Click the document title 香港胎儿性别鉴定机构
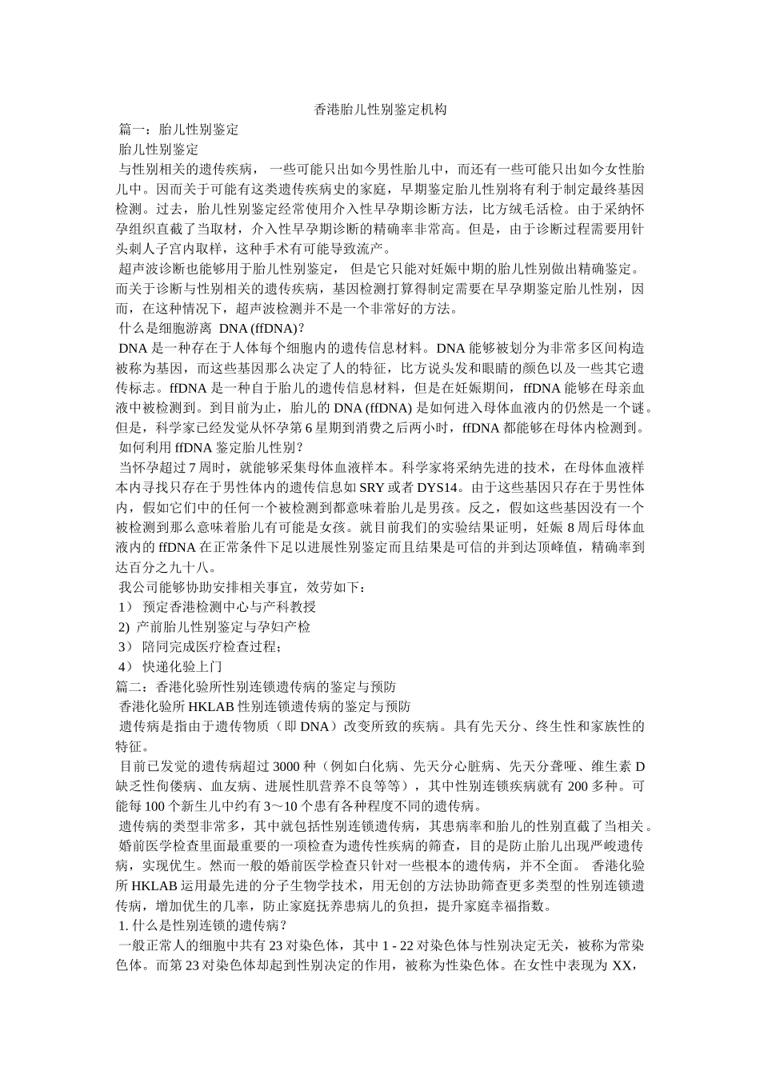379,109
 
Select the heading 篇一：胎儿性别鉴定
178,129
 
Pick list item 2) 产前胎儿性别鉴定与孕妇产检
214,626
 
